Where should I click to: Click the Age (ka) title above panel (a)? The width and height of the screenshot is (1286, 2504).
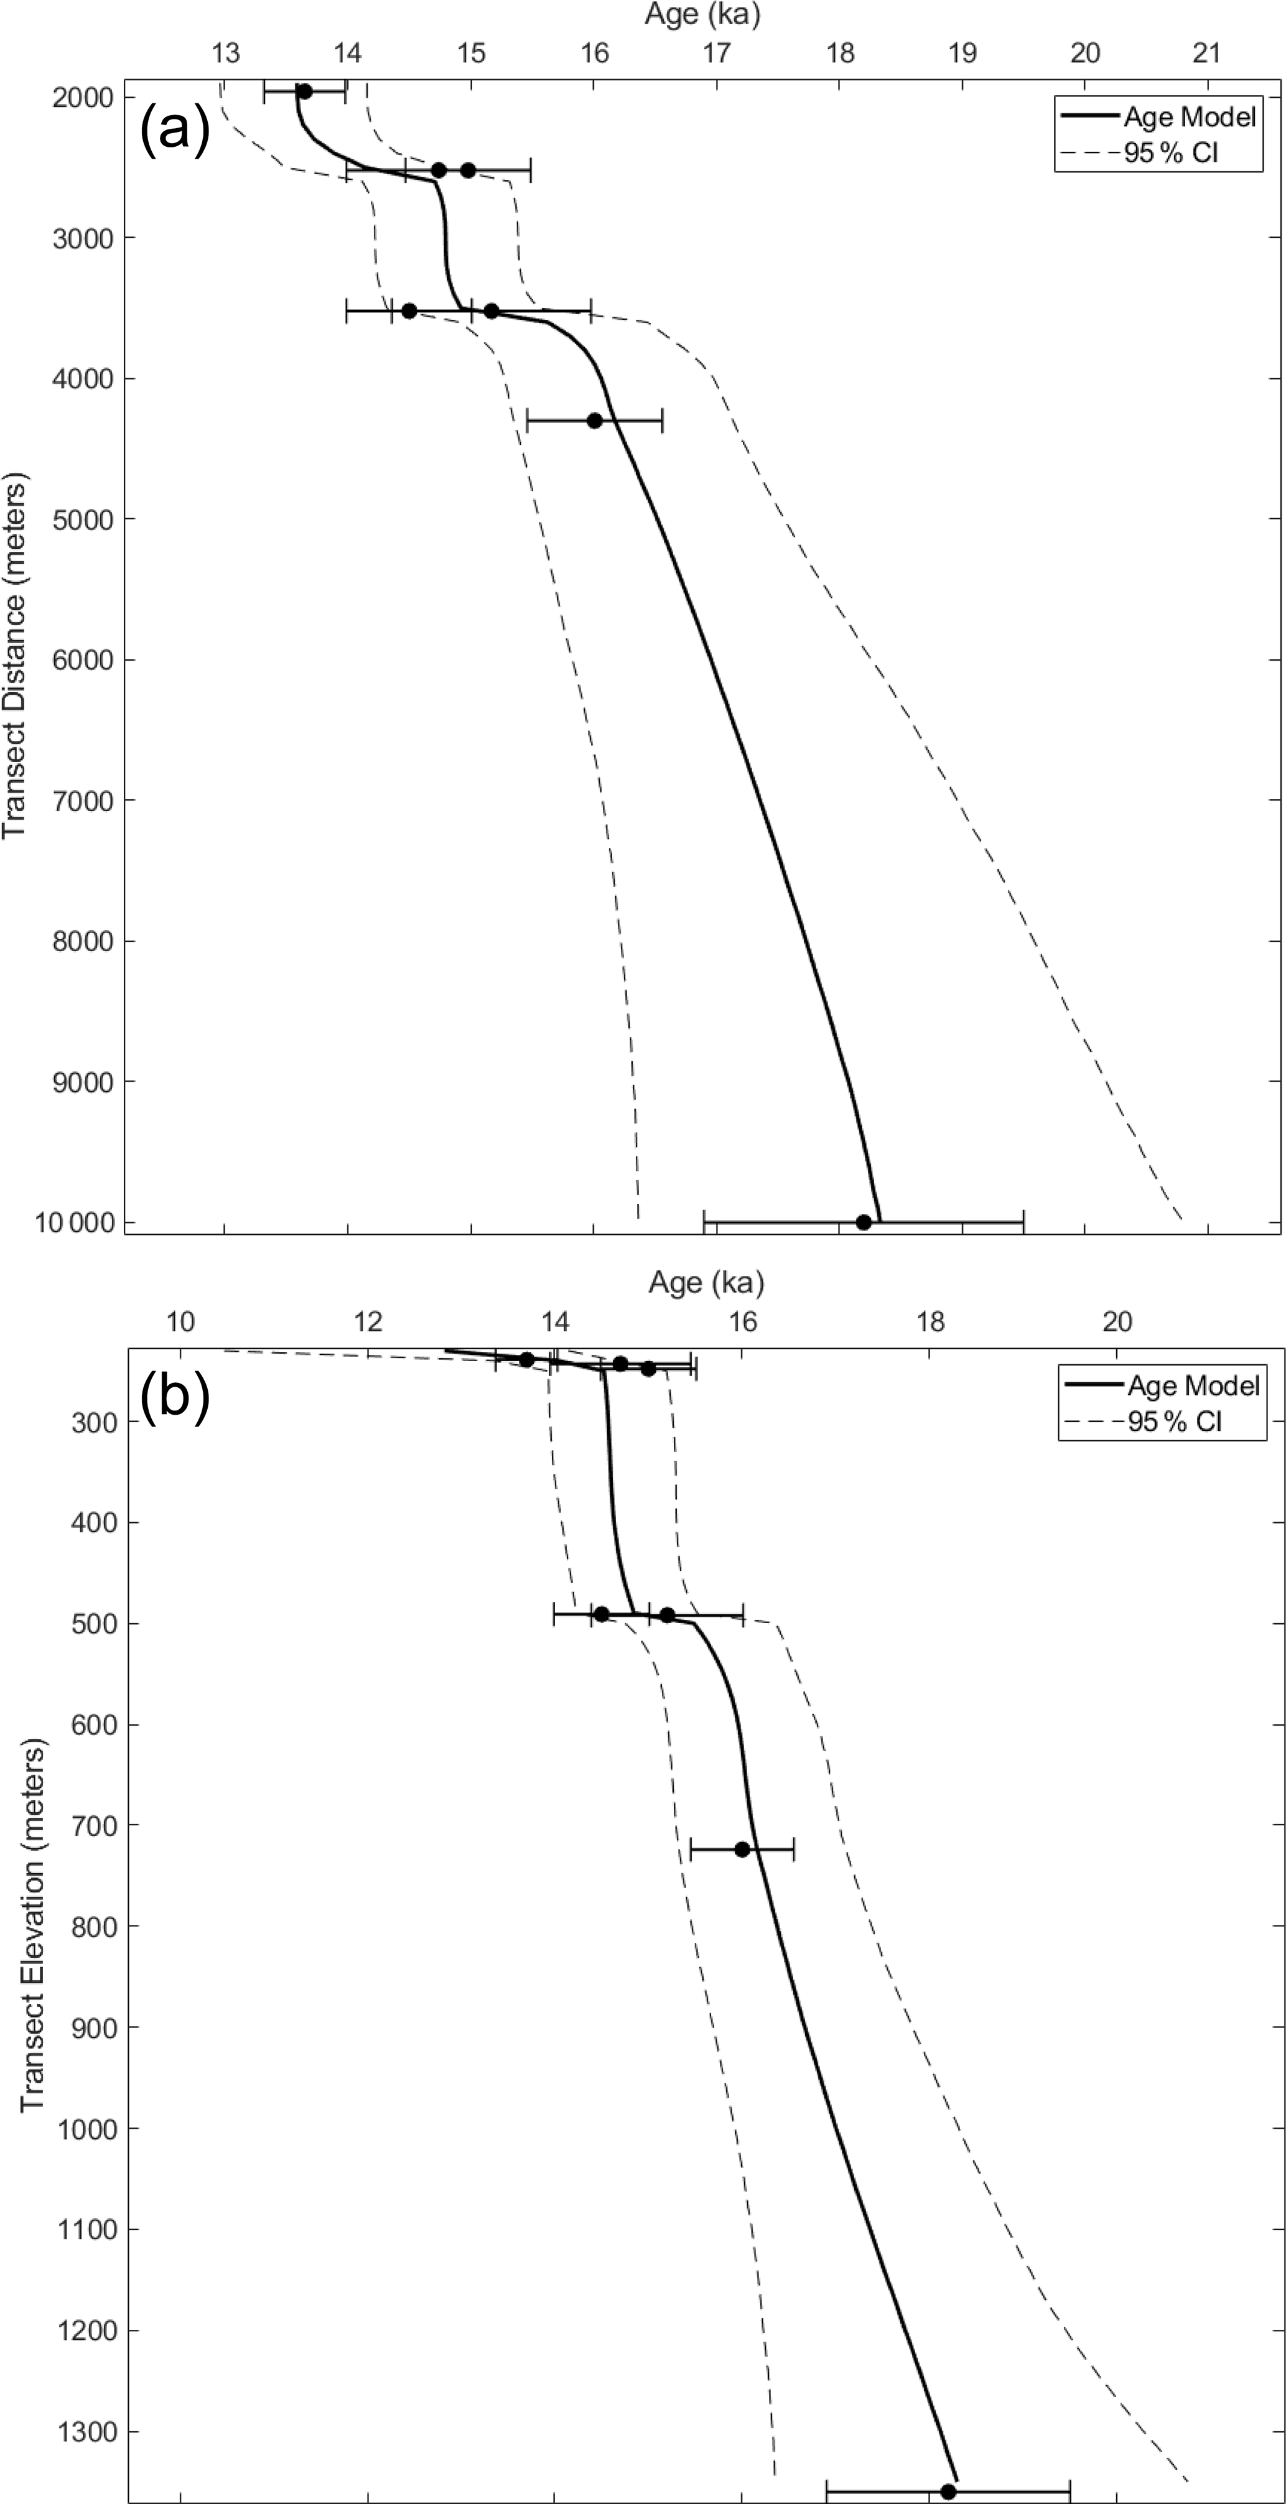(x=702, y=14)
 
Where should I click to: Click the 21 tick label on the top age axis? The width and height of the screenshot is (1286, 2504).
(x=1207, y=52)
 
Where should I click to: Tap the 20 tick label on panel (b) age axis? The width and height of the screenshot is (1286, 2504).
(x=1118, y=1321)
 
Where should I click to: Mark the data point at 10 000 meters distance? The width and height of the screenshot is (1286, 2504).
(x=863, y=1222)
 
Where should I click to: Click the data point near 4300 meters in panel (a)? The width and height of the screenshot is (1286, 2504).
(x=594, y=420)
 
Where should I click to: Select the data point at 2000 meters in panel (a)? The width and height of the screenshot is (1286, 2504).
(x=304, y=91)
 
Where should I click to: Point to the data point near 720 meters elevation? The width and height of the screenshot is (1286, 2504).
(x=742, y=1849)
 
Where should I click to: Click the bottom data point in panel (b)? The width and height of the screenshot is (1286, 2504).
(x=948, y=2492)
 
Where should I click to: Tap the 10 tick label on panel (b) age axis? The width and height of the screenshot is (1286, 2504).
(x=180, y=1321)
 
